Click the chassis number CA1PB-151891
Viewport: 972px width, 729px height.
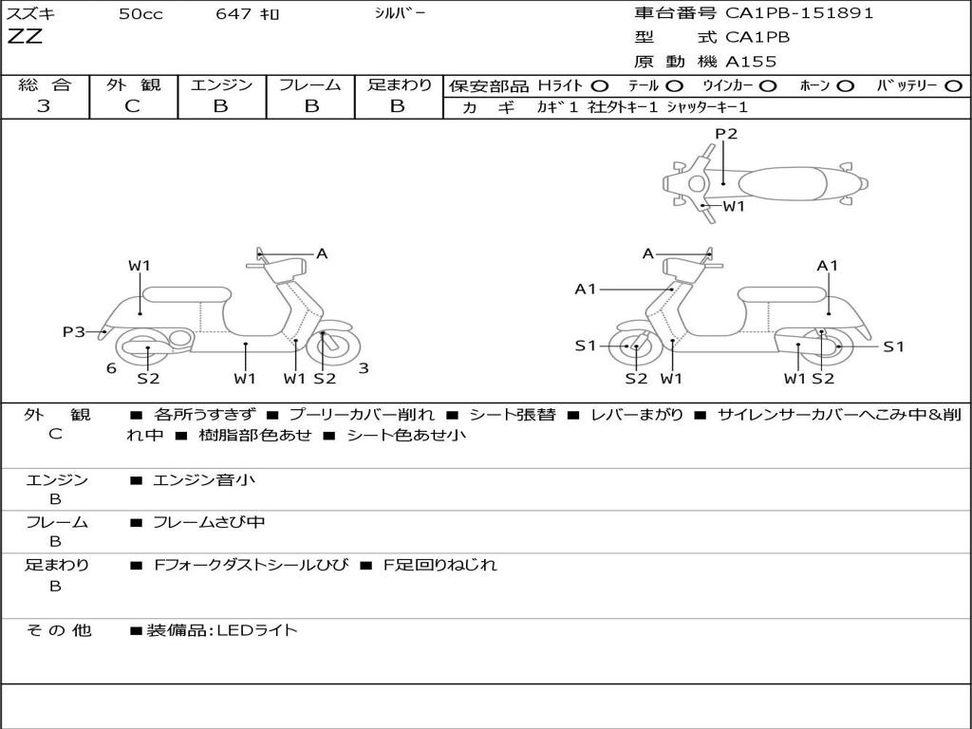tap(799, 13)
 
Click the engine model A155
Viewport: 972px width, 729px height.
tap(751, 62)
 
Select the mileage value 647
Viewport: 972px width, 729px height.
tap(232, 14)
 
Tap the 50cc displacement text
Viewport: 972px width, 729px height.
tap(140, 14)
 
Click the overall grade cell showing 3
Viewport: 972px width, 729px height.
tap(44, 106)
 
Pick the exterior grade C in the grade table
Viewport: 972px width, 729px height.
tap(133, 106)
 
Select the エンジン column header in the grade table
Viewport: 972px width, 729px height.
tap(221, 84)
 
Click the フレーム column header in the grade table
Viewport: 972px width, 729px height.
tap(309, 84)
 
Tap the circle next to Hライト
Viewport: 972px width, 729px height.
tap(600, 85)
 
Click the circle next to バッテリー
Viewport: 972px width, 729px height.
tap(953, 85)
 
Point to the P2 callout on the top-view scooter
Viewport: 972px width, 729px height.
tap(726, 134)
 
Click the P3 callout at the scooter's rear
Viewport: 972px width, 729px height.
tap(74, 331)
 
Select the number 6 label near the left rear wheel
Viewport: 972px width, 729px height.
tap(111, 368)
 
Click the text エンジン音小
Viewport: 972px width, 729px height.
tap(204, 480)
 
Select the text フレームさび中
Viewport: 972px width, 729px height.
tap(209, 522)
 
